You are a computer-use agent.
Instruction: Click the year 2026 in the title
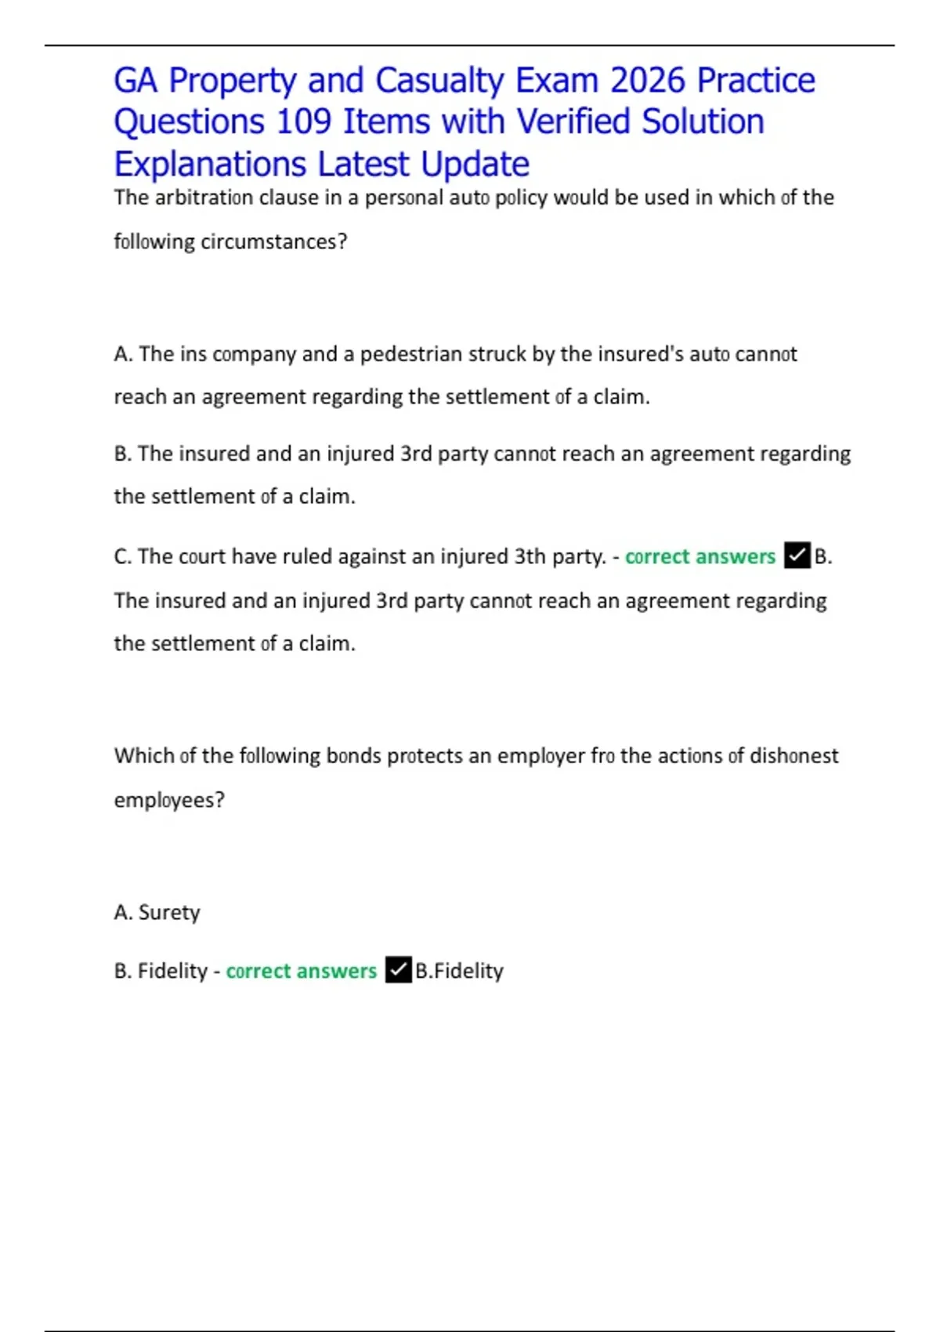click(647, 81)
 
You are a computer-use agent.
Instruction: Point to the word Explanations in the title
click(210, 165)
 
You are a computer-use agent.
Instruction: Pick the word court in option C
click(202, 556)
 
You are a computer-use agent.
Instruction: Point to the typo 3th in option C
click(530, 556)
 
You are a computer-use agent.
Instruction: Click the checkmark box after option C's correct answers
click(797, 556)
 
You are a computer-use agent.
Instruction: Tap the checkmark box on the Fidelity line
click(398, 970)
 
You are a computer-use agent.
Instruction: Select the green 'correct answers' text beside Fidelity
click(302, 971)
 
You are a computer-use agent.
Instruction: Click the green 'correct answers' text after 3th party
click(700, 556)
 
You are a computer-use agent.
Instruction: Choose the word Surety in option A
click(169, 913)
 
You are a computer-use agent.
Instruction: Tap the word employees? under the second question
click(169, 801)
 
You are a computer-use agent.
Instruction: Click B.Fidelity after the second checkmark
click(459, 971)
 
